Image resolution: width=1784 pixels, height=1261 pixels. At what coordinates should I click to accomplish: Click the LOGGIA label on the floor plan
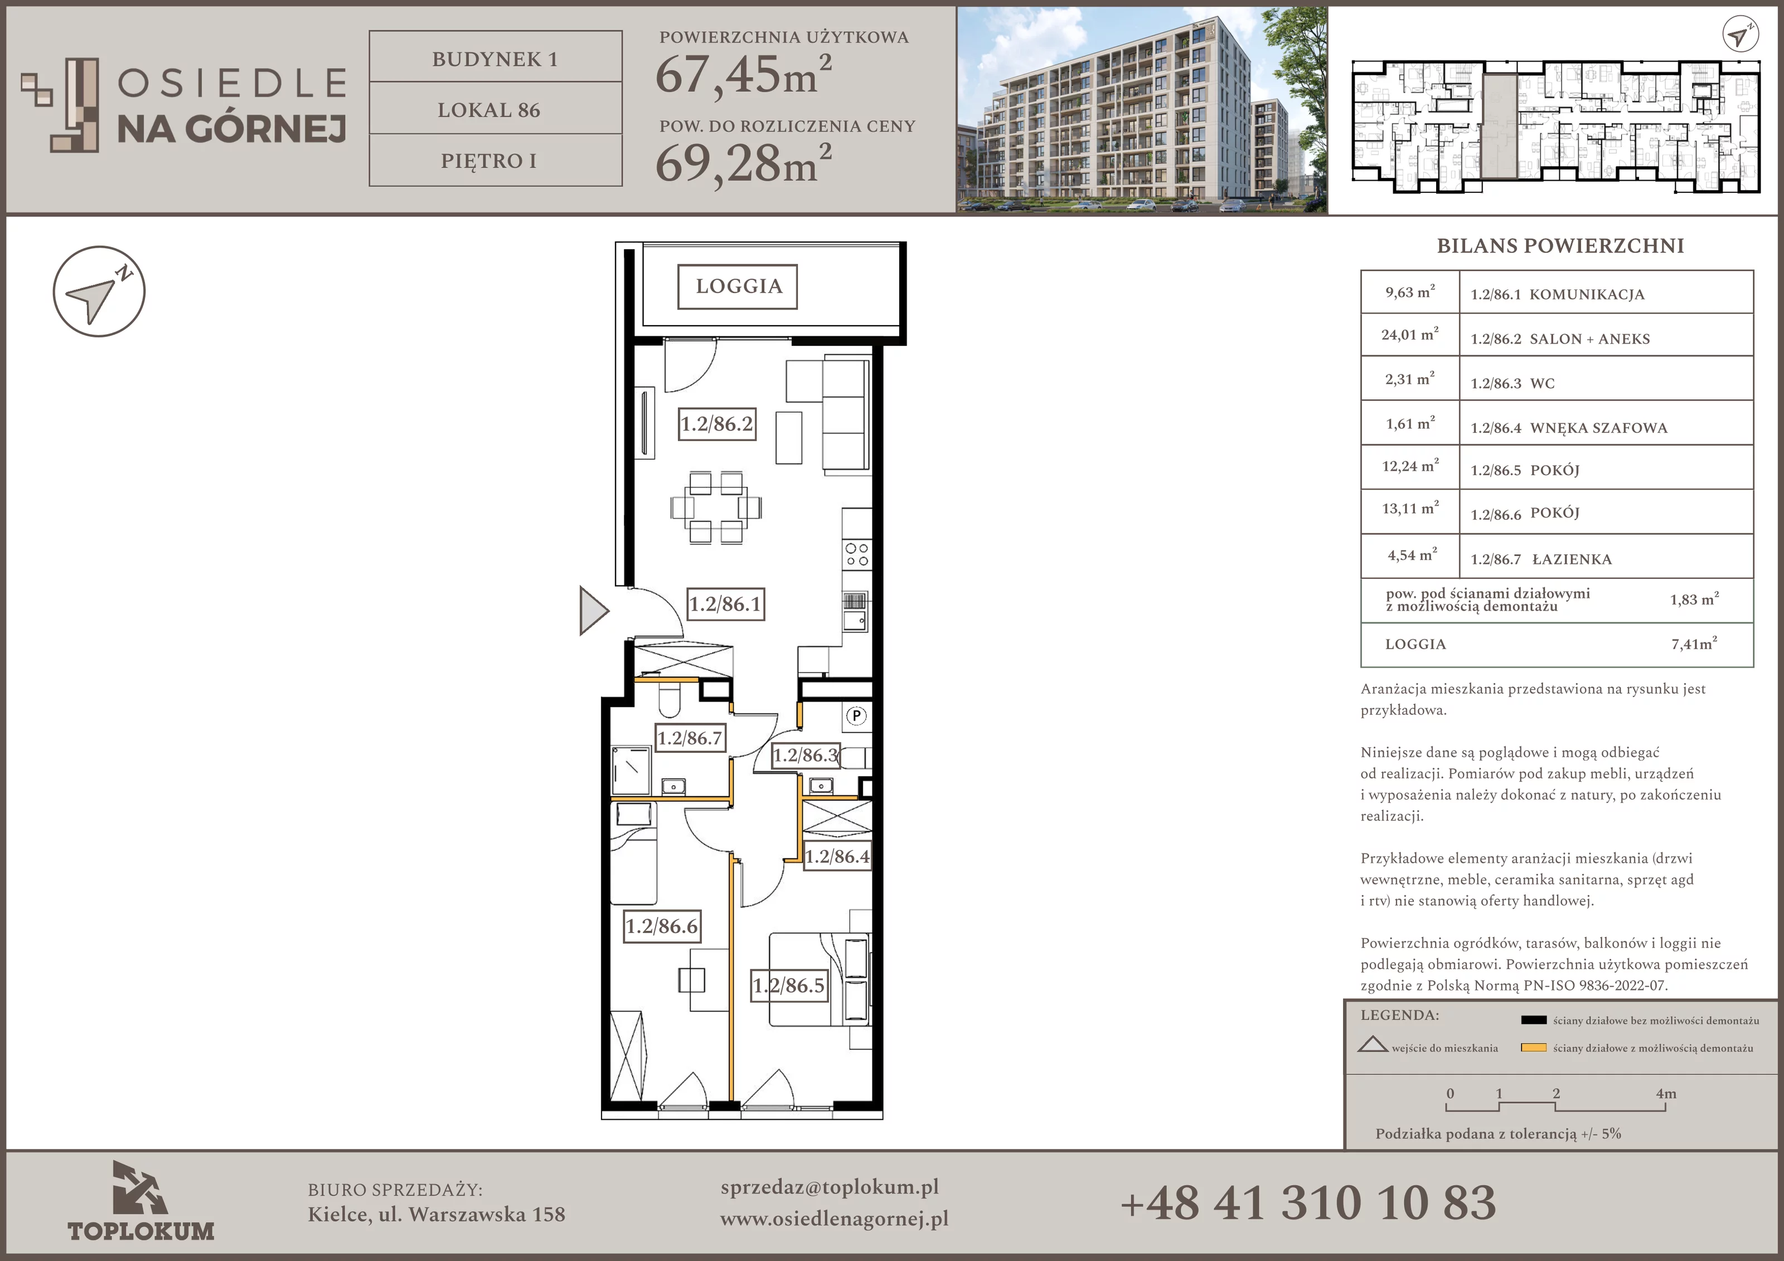pyautogui.click(x=738, y=287)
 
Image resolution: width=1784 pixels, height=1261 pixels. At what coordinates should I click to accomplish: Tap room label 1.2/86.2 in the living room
pyautogui.click(x=716, y=424)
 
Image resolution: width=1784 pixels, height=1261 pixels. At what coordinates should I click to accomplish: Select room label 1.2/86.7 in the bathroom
pyautogui.click(x=690, y=738)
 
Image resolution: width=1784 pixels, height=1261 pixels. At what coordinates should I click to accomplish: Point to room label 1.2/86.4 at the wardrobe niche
pyautogui.click(x=837, y=857)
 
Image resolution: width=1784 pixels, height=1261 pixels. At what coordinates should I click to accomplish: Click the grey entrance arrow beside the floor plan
pyautogui.click(x=593, y=611)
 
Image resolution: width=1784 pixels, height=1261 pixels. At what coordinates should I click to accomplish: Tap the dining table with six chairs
pyautogui.click(x=716, y=507)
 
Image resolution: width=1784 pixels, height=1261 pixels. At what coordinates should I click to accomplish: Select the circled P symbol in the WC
pyautogui.click(x=856, y=715)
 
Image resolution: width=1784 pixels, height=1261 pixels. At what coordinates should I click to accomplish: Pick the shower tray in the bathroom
pyautogui.click(x=631, y=770)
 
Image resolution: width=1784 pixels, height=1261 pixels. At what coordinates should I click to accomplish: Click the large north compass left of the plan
pyautogui.click(x=99, y=292)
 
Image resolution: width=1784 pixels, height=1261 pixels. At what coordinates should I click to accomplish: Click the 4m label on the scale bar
pyautogui.click(x=1665, y=1094)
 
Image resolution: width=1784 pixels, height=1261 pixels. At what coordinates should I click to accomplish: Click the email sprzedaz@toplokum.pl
pyautogui.click(x=829, y=1188)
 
